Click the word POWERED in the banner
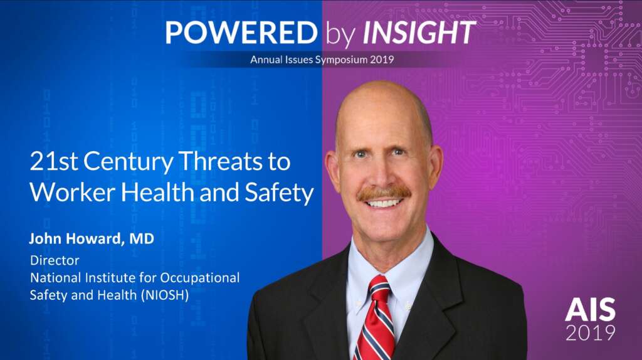241,33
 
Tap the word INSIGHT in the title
419,33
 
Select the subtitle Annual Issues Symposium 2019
322,60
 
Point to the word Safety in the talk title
279,193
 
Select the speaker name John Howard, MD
92,238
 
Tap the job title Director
55,260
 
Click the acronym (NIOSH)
165,295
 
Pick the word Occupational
199,278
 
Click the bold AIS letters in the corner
590,310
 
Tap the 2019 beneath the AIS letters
591,332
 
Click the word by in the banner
340,34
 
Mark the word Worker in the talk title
73,193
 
